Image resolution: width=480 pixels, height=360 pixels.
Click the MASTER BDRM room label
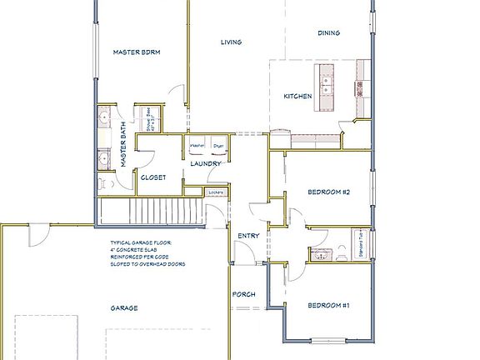(137, 52)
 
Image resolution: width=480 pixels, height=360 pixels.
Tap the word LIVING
(231, 42)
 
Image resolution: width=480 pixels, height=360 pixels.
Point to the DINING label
(329, 33)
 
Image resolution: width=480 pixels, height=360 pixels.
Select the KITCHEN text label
(297, 97)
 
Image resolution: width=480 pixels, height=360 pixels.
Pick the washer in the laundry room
(197, 147)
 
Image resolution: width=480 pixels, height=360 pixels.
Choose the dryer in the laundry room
(218, 147)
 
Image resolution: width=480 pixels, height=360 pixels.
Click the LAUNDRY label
(206, 164)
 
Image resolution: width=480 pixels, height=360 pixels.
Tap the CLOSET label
(153, 177)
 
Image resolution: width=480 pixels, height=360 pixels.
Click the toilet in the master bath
(103, 181)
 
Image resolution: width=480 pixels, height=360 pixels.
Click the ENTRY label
(248, 236)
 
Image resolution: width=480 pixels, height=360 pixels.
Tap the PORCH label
(243, 294)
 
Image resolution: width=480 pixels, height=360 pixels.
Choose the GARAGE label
(124, 307)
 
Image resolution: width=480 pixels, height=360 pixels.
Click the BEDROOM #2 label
(327, 192)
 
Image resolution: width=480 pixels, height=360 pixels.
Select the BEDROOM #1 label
(327, 306)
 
